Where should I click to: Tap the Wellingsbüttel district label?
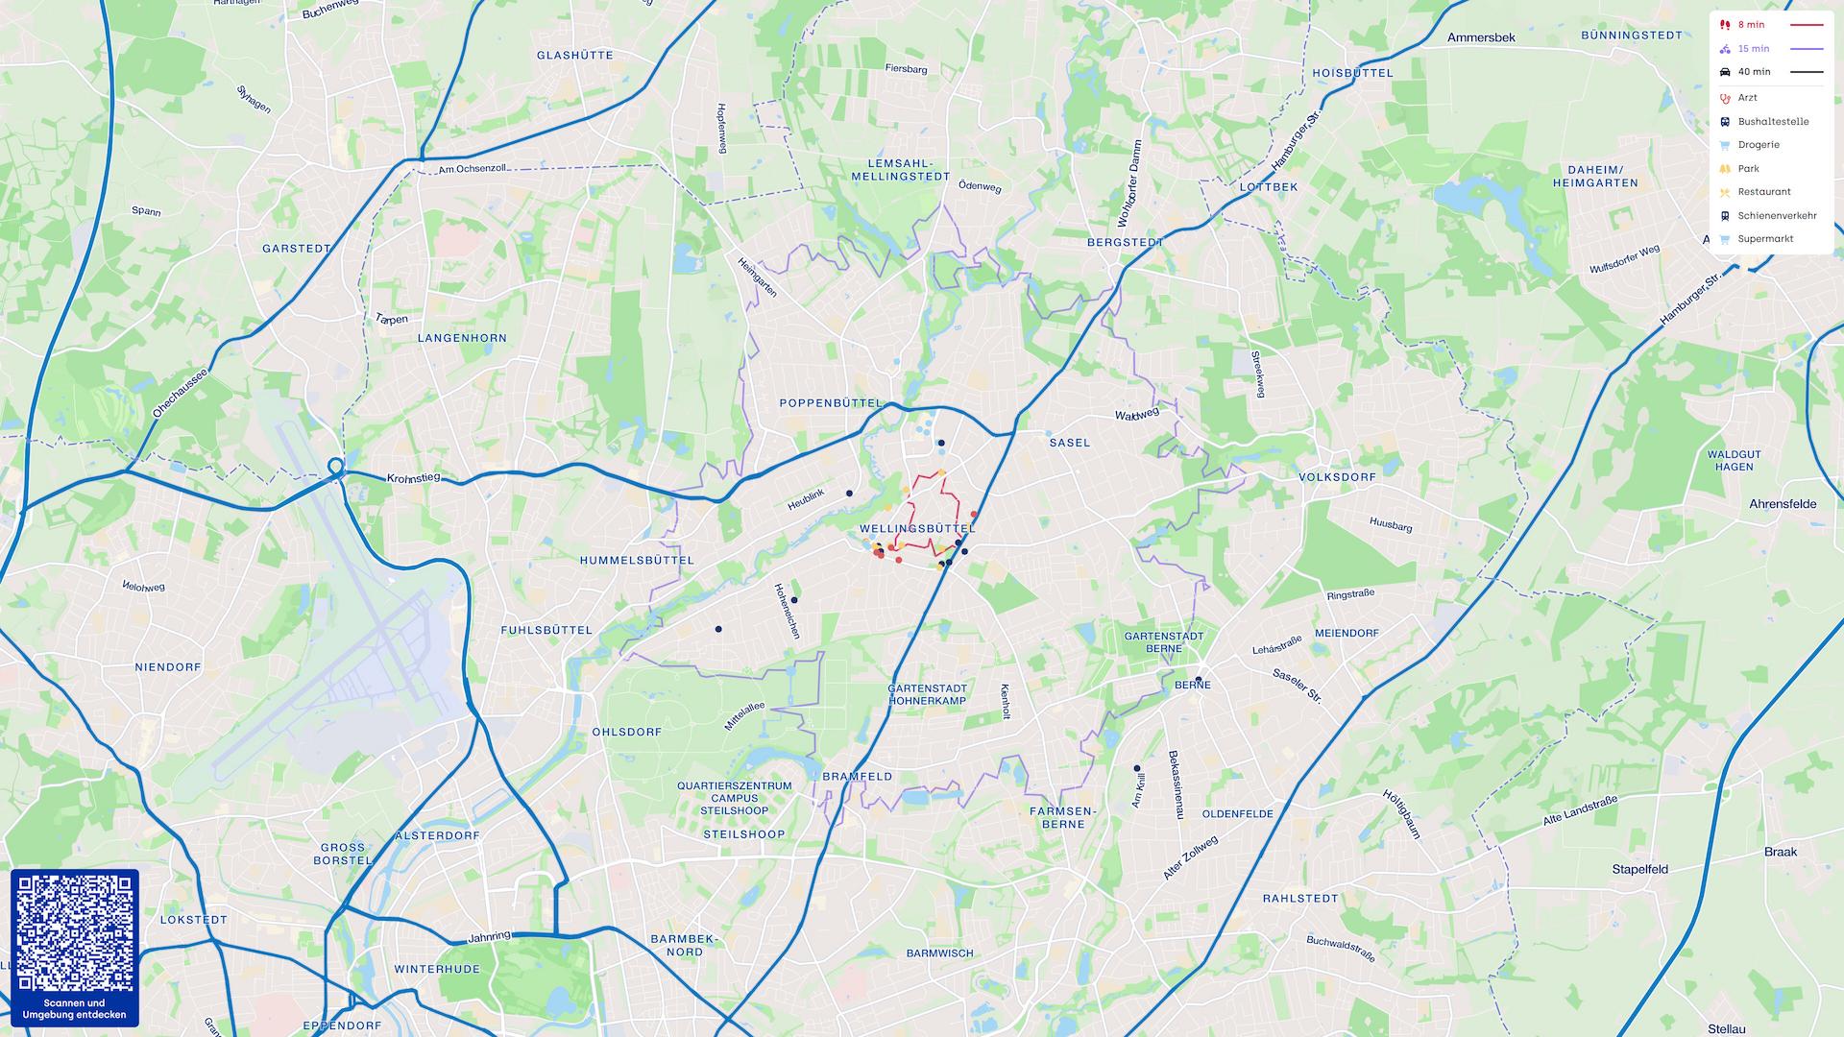tap(917, 528)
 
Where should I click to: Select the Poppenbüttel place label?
tap(830, 403)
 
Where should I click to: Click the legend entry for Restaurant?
tap(1763, 192)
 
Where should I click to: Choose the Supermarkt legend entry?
tap(1764, 239)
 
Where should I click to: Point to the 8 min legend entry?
tap(1751, 25)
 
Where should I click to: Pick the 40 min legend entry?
tap(1754, 72)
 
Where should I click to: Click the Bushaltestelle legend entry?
tap(1772, 122)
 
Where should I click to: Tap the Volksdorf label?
tap(1337, 477)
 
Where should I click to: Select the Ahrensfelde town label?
tap(1783, 504)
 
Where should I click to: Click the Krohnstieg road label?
tap(413, 478)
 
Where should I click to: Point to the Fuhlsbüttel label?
tap(546, 630)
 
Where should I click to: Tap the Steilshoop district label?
tap(743, 834)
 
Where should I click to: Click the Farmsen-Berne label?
tap(1062, 817)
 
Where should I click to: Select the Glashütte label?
tap(574, 56)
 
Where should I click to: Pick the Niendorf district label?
tap(168, 666)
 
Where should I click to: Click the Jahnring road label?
tap(489, 936)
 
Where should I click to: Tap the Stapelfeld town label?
tap(1639, 870)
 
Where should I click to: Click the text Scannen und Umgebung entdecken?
tap(74, 1008)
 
